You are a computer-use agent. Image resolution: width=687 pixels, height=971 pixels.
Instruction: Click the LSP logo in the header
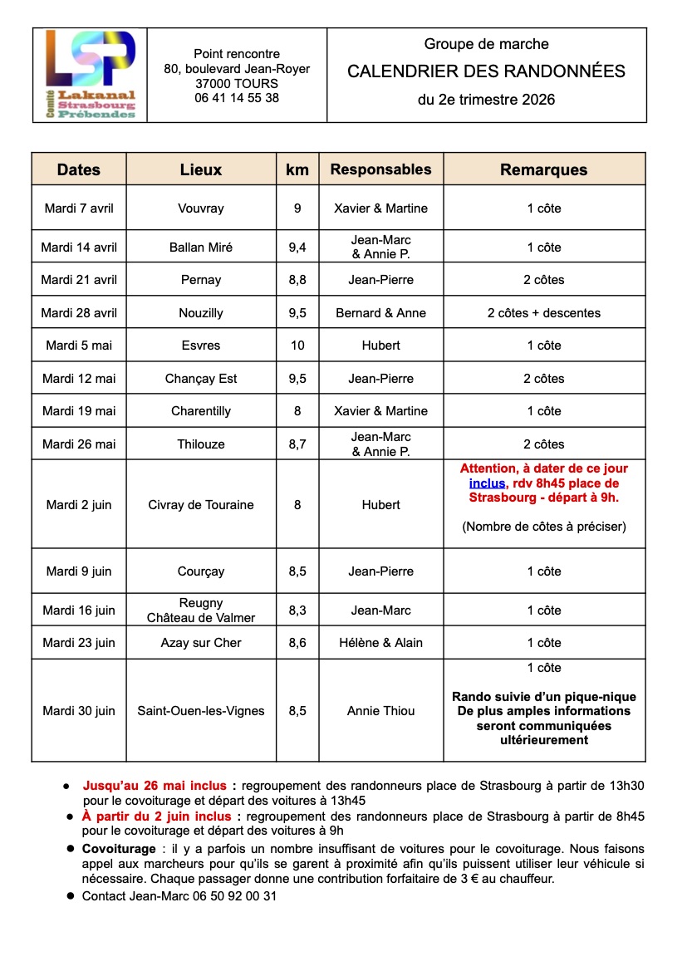point(90,75)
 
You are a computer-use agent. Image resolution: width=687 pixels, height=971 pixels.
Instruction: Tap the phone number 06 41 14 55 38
point(237,98)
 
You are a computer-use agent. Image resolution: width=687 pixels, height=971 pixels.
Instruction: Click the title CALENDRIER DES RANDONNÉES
point(486,71)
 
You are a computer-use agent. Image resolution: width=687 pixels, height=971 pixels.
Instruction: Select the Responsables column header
point(380,169)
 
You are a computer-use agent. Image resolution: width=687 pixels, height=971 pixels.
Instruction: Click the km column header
point(297,169)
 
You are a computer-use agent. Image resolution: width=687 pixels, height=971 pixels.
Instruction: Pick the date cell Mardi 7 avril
point(79,208)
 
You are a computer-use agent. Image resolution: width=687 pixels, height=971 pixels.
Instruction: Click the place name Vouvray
point(201,208)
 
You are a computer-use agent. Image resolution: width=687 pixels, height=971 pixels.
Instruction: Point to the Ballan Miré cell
point(201,247)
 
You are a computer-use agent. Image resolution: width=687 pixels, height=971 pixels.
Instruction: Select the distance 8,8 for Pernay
point(297,280)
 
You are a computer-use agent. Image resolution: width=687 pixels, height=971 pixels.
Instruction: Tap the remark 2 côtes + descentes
point(543,313)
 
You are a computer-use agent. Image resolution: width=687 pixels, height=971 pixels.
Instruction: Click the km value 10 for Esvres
point(297,346)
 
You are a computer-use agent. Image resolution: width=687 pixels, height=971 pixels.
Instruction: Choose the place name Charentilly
point(201,411)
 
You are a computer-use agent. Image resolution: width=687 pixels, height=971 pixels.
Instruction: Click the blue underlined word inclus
point(487,483)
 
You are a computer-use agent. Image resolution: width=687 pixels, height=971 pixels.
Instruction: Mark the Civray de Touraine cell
point(201,505)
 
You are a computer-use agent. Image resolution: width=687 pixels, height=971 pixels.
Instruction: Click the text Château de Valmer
point(201,618)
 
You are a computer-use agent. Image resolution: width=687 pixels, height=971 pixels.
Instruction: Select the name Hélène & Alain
point(380,643)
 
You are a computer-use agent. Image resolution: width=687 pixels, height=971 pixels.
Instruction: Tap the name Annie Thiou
point(380,711)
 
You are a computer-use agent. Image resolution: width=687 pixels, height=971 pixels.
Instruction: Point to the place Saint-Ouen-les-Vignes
point(201,711)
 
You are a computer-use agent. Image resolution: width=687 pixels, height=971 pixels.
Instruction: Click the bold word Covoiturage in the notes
point(119,849)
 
